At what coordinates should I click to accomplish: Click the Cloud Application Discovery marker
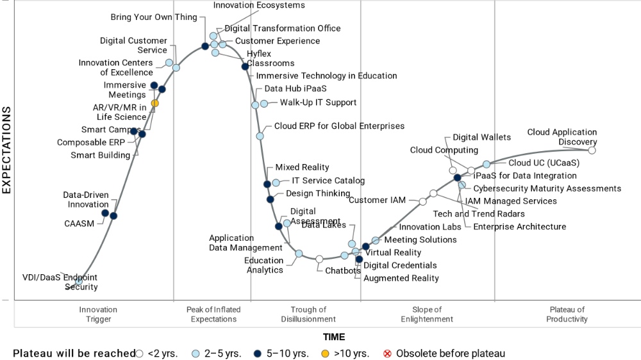point(592,151)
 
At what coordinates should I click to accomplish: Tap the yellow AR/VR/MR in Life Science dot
point(154,103)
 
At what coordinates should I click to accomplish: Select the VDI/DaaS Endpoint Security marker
point(79,281)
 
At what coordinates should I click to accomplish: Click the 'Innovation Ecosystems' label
point(259,6)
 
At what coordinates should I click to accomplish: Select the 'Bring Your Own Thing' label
point(154,17)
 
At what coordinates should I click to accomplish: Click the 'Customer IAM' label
point(378,200)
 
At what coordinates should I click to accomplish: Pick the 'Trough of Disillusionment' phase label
point(308,315)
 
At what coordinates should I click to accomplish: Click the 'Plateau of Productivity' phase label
point(567,315)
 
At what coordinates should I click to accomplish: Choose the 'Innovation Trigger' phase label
point(98,315)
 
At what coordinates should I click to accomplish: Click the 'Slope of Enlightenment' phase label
point(427,315)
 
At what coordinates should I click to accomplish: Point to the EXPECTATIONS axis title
point(7,150)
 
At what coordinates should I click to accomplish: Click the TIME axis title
point(333,337)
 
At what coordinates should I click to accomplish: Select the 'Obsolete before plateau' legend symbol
point(387,354)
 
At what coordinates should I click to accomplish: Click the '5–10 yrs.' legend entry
point(286,354)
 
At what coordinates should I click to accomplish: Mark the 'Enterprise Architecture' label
point(519,227)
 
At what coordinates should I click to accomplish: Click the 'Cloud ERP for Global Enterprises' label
point(339,126)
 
